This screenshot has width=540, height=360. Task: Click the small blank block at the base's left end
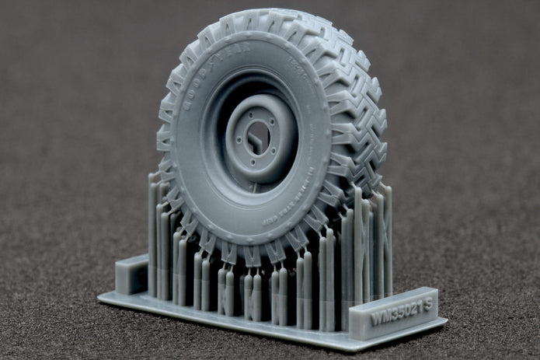pos(130,274)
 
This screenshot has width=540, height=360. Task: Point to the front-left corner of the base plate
pos(102,298)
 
